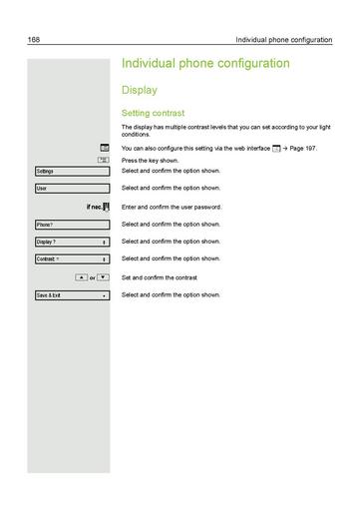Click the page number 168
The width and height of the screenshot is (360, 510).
click(33, 40)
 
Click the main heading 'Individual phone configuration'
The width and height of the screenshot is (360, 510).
click(205, 64)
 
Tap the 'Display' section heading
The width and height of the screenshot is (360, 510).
click(140, 90)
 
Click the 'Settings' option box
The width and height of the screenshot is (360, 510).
click(71, 172)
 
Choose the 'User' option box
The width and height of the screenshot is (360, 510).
click(71, 189)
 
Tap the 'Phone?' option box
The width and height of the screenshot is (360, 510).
click(71, 225)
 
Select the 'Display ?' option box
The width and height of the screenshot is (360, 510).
click(71, 242)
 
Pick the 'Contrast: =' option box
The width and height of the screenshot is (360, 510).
click(71, 259)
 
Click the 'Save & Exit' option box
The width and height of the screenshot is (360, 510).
click(71, 296)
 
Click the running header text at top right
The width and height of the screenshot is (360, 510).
click(288, 40)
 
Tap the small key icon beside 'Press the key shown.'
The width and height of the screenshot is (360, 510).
click(104, 160)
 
